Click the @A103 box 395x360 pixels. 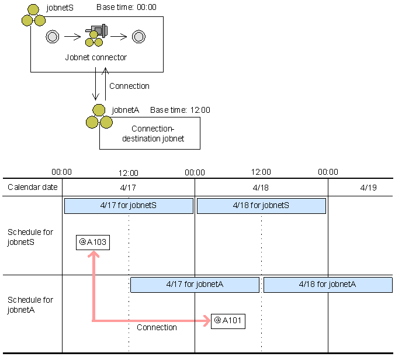pos(92,242)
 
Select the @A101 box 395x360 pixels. pos(228,321)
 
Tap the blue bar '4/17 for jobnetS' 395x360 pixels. pos(129,206)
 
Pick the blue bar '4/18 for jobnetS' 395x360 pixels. pos(261,206)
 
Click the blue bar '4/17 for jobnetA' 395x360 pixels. pos(195,285)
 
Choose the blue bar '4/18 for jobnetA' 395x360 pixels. pos(327,285)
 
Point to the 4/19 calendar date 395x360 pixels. pos(369,188)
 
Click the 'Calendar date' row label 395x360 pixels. pos(33,188)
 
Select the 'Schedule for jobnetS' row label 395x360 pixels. pos(30,237)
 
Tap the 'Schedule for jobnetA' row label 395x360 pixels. pos(30,304)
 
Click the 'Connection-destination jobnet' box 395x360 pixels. pos(150,133)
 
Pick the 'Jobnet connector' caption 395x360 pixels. pos(96,58)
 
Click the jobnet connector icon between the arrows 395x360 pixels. pos(96,36)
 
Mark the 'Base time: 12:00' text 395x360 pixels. pos(180,110)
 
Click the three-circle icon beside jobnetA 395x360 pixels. pos(98,117)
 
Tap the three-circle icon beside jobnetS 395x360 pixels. pos(33,16)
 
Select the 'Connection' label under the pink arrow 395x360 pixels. pos(157,328)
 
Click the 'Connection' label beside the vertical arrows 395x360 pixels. pos(129,86)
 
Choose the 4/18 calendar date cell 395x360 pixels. pos(261,188)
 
